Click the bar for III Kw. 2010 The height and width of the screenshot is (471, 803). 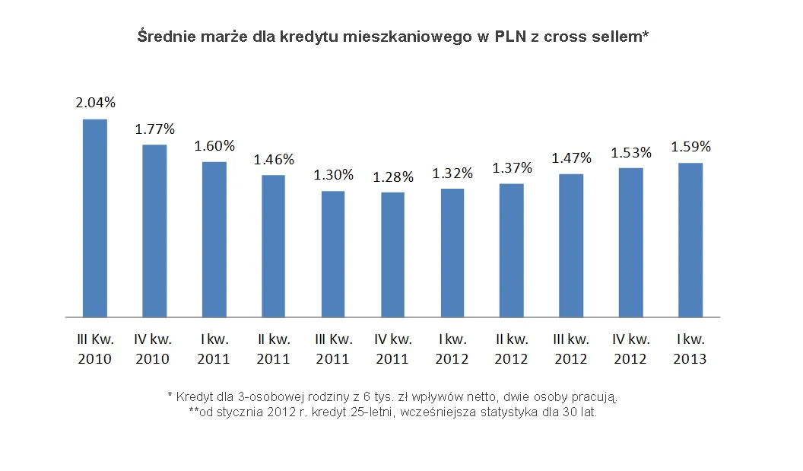click(95, 218)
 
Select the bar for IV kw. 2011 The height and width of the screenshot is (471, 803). click(392, 254)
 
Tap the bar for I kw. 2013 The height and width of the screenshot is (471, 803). click(690, 240)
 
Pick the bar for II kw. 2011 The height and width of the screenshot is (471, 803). click(274, 246)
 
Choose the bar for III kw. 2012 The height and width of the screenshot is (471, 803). click(571, 245)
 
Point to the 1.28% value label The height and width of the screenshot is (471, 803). click(392, 177)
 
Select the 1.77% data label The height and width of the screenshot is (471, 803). click(154, 129)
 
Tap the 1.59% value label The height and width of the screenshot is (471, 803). click(690, 146)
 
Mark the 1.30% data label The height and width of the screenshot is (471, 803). click(333, 174)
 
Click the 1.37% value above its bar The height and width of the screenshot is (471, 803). click(512, 167)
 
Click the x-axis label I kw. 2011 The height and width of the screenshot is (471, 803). click(214, 348)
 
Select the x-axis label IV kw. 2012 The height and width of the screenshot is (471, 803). click(630, 348)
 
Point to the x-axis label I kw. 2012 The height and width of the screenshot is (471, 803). click(452, 348)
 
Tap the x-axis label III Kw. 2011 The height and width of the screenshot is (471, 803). click(333, 348)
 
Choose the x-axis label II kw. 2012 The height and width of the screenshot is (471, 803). click(512, 348)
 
